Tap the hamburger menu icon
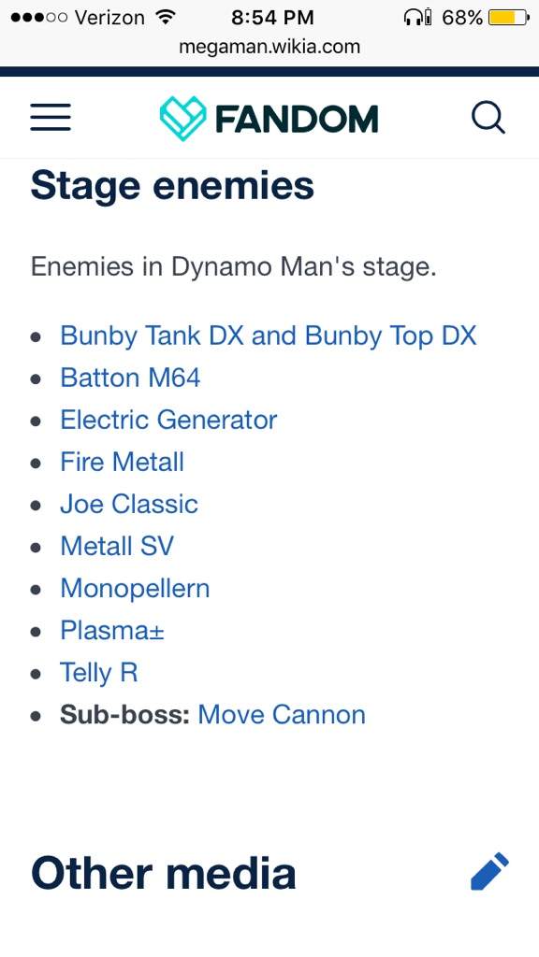(51, 117)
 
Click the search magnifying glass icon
(488, 117)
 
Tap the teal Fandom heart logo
(182, 119)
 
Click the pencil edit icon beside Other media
(489, 871)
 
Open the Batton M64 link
(130, 378)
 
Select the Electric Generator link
(168, 420)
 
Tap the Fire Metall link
(123, 462)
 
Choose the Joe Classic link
(129, 504)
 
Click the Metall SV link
(117, 546)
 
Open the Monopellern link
(135, 589)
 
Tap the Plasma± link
(112, 631)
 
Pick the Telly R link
(99, 673)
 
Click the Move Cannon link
(282, 715)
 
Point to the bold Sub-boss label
(125, 715)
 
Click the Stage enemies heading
(172, 186)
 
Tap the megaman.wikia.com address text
(269, 47)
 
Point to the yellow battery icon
(508, 17)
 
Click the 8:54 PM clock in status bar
(272, 17)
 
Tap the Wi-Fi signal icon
(165, 17)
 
